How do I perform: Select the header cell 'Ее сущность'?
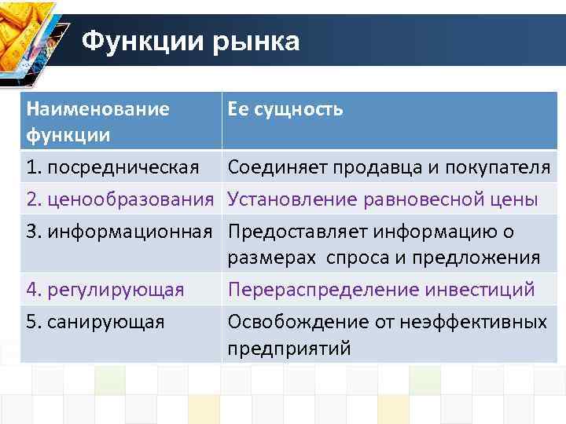285,109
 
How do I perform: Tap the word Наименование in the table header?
97,109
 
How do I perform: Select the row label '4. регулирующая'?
105,290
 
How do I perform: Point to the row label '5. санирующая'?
95,322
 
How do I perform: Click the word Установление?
292,199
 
